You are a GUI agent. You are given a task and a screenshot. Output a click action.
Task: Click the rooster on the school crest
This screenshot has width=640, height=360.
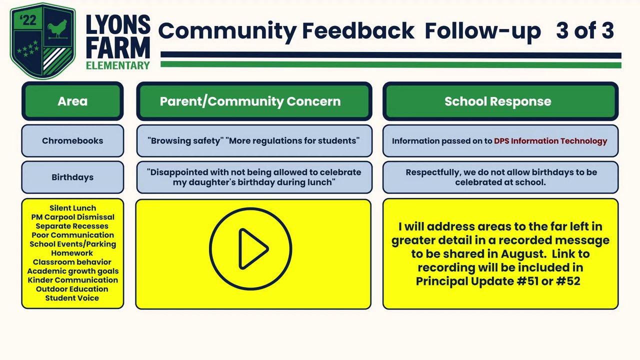point(57,28)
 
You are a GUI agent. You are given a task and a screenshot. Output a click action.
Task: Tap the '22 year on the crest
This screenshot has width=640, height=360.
point(28,20)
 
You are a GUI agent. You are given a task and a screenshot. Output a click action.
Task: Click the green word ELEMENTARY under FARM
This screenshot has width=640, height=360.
point(118,65)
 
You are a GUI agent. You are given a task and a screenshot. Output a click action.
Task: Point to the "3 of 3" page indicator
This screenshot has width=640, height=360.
point(585,30)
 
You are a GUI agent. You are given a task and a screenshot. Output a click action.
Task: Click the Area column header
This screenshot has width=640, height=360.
point(72,101)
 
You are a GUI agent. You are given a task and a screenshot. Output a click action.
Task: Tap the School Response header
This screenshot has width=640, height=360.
point(500,101)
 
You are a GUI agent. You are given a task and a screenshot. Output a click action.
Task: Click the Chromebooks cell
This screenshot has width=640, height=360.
point(72,140)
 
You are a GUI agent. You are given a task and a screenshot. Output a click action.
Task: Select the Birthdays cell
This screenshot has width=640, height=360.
point(72,177)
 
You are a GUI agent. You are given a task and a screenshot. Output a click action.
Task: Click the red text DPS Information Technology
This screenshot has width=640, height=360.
point(550,141)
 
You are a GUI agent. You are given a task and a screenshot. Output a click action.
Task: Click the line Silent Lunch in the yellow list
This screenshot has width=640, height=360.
point(72,208)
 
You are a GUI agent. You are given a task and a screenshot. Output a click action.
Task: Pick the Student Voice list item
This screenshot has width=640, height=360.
point(72,298)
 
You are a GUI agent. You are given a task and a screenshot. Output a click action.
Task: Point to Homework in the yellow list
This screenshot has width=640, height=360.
point(72,253)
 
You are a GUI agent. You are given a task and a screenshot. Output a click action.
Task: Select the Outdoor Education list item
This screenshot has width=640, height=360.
point(72,289)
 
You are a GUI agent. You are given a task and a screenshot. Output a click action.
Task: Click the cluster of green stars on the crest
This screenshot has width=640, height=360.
point(28,48)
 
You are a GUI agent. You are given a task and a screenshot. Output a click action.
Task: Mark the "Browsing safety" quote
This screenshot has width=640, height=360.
point(185,140)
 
